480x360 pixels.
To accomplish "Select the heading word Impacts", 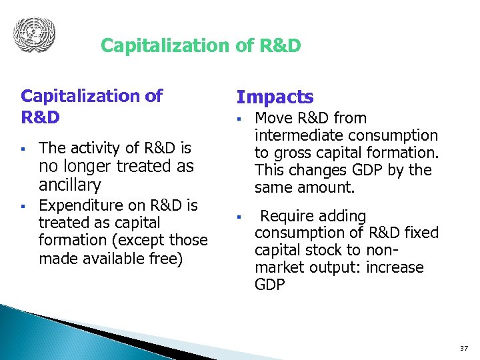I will click(275, 97).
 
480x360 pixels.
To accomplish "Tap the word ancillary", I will click(70, 185).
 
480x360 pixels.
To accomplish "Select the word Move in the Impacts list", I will click(274, 118).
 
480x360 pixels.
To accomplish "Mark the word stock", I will click(339, 250).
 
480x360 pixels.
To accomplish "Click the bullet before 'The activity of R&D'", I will click(23, 148).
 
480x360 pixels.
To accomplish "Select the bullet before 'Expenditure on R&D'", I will click(23, 206).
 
